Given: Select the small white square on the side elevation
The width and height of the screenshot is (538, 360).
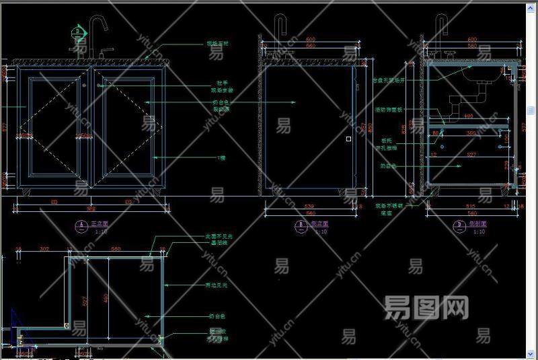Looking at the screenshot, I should coord(348,139).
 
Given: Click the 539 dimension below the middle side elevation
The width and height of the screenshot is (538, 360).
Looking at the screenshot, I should coord(309,206).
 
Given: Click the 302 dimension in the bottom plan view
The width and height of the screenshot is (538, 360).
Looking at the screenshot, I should coord(44,249).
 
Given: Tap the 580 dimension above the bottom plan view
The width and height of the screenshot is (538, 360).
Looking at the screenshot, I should coord(115,249).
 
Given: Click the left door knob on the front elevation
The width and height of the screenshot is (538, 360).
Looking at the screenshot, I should coord(83,85).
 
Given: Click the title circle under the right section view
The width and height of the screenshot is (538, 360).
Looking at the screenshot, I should coord(460,227).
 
